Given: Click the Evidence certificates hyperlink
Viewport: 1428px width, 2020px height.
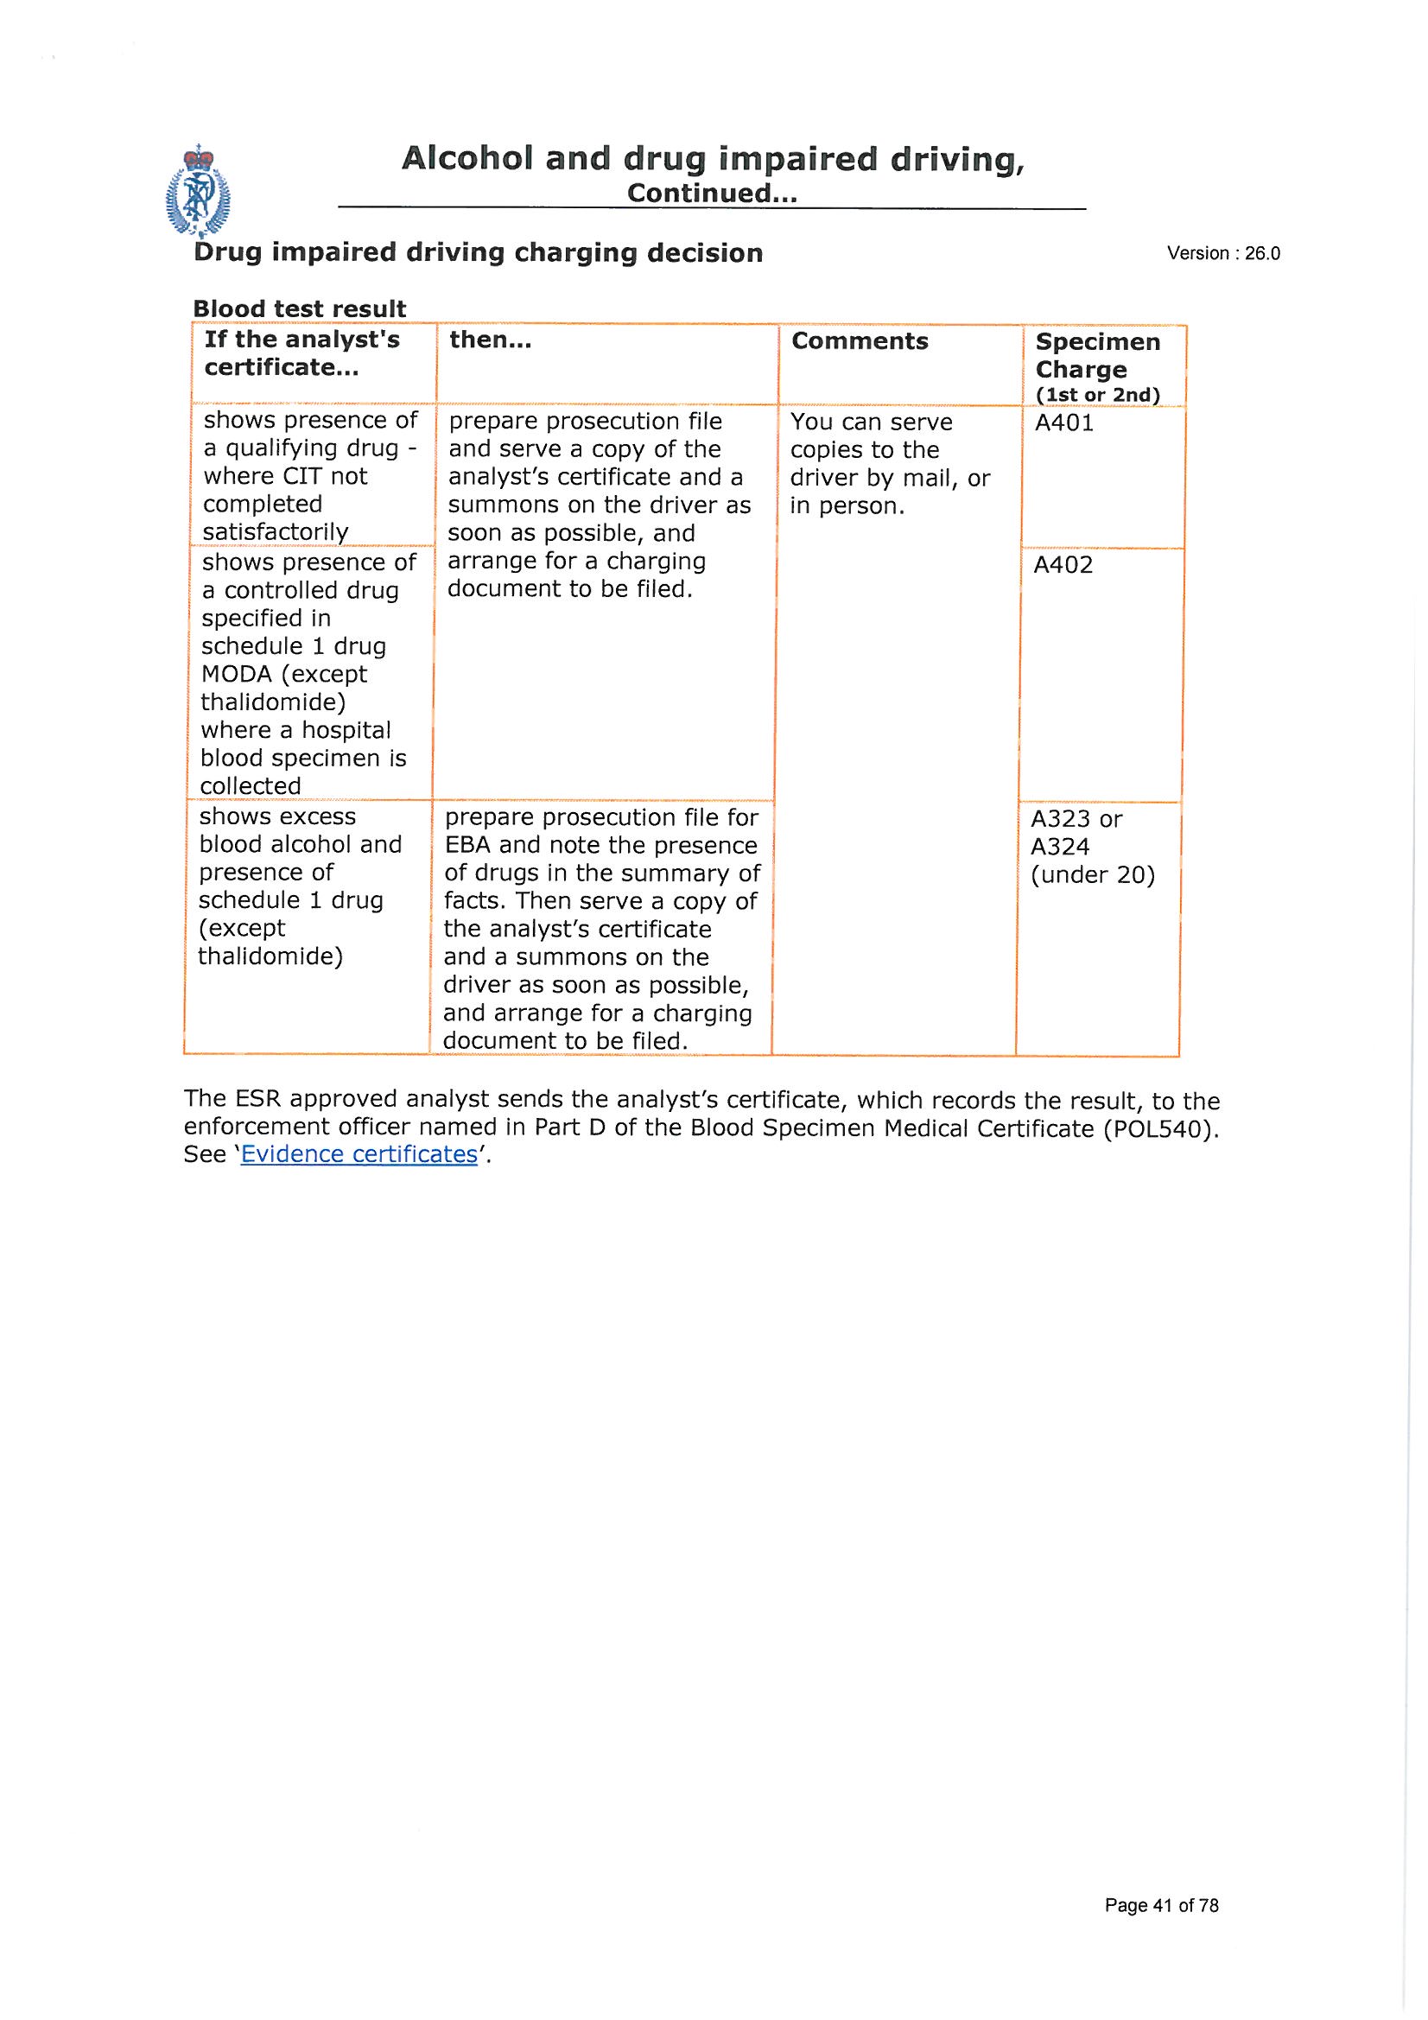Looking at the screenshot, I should pos(359,1153).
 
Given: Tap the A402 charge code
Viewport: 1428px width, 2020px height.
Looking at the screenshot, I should pos(1063,565).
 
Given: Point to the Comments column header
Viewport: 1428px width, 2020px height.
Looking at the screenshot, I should pos(859,341).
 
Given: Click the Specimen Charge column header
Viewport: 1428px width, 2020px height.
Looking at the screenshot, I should pos(1097,355).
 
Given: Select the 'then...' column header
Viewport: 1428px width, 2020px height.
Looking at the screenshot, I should pos(490,340).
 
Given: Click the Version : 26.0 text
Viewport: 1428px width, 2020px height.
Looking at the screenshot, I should pos(1222,253).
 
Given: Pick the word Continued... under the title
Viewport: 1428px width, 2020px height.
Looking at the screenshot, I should pos(711,194).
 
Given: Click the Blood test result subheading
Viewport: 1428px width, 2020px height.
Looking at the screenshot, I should pos(299,308).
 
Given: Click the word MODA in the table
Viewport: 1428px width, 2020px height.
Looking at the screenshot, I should pos(236,674).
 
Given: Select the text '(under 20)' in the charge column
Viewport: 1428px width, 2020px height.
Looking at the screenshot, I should pos(1092,875).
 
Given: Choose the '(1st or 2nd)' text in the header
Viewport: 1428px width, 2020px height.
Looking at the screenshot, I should pos(1097,395).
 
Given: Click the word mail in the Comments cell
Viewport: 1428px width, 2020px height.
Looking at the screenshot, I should pos(931,478).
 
